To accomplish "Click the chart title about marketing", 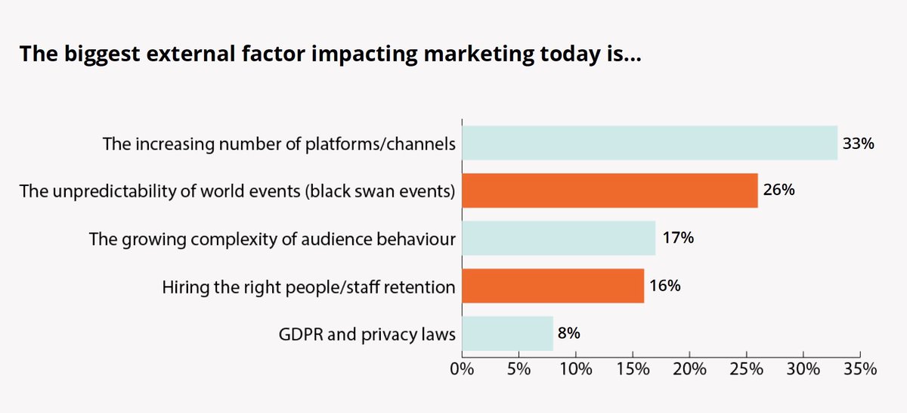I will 330,55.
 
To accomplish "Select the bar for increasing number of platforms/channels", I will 649,143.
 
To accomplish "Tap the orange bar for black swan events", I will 609,191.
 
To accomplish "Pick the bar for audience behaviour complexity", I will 558,238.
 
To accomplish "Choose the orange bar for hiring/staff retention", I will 553,286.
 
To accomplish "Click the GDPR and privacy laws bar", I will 507,334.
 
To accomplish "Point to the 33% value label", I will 858,143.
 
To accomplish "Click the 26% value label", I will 779,191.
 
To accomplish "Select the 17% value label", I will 676,238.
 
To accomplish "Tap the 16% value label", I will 665,286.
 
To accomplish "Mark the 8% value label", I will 570,334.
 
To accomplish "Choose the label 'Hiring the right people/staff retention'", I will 309,287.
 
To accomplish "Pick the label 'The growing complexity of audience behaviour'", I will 272,239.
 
